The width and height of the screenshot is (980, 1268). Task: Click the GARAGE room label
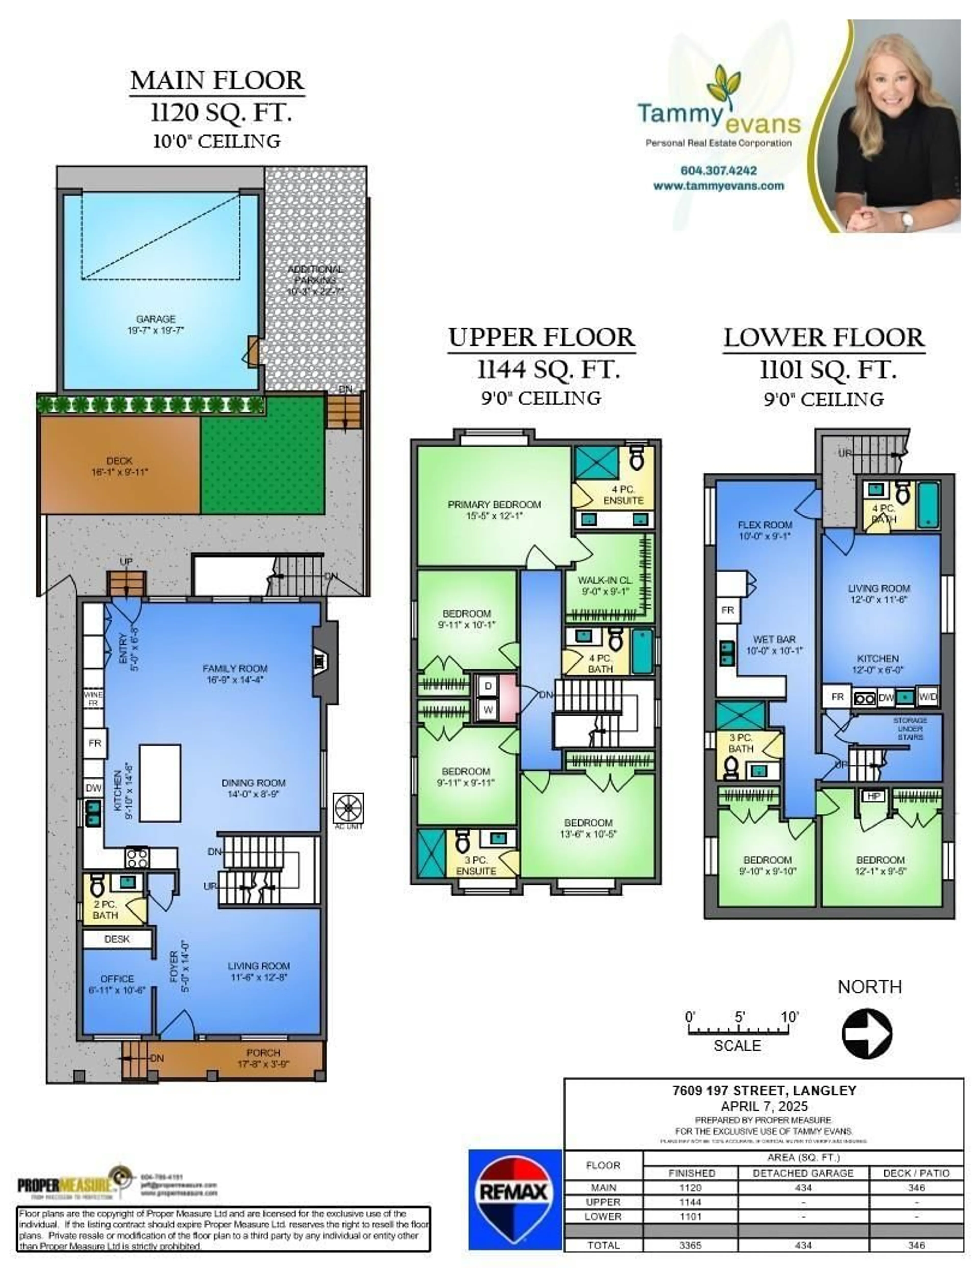click(x=156, y=319)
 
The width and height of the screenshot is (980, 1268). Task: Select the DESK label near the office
click(x=117, y=939)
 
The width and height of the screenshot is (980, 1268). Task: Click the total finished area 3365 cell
click(x=690, y=1245)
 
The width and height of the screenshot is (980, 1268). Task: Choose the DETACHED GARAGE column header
click(x=803, y=1173)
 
